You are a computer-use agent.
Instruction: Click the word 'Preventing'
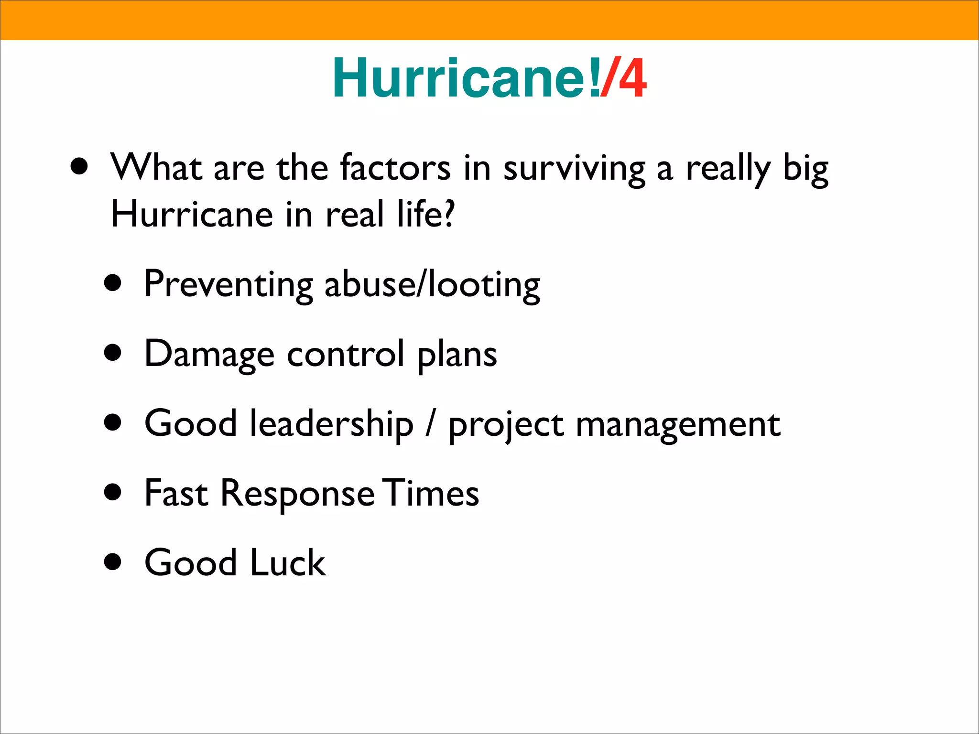tap(228, 285)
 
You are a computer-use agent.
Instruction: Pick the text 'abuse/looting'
tap(432, 285)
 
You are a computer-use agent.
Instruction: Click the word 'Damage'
tap(209, 355)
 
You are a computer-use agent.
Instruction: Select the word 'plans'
tap(457, 355)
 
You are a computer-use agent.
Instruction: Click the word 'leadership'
tap(332, 424)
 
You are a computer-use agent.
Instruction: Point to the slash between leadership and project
tap(431, 424)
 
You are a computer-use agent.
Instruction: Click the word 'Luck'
tap(288, 562)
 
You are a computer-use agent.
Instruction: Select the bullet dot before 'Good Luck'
tap(113, 561)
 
